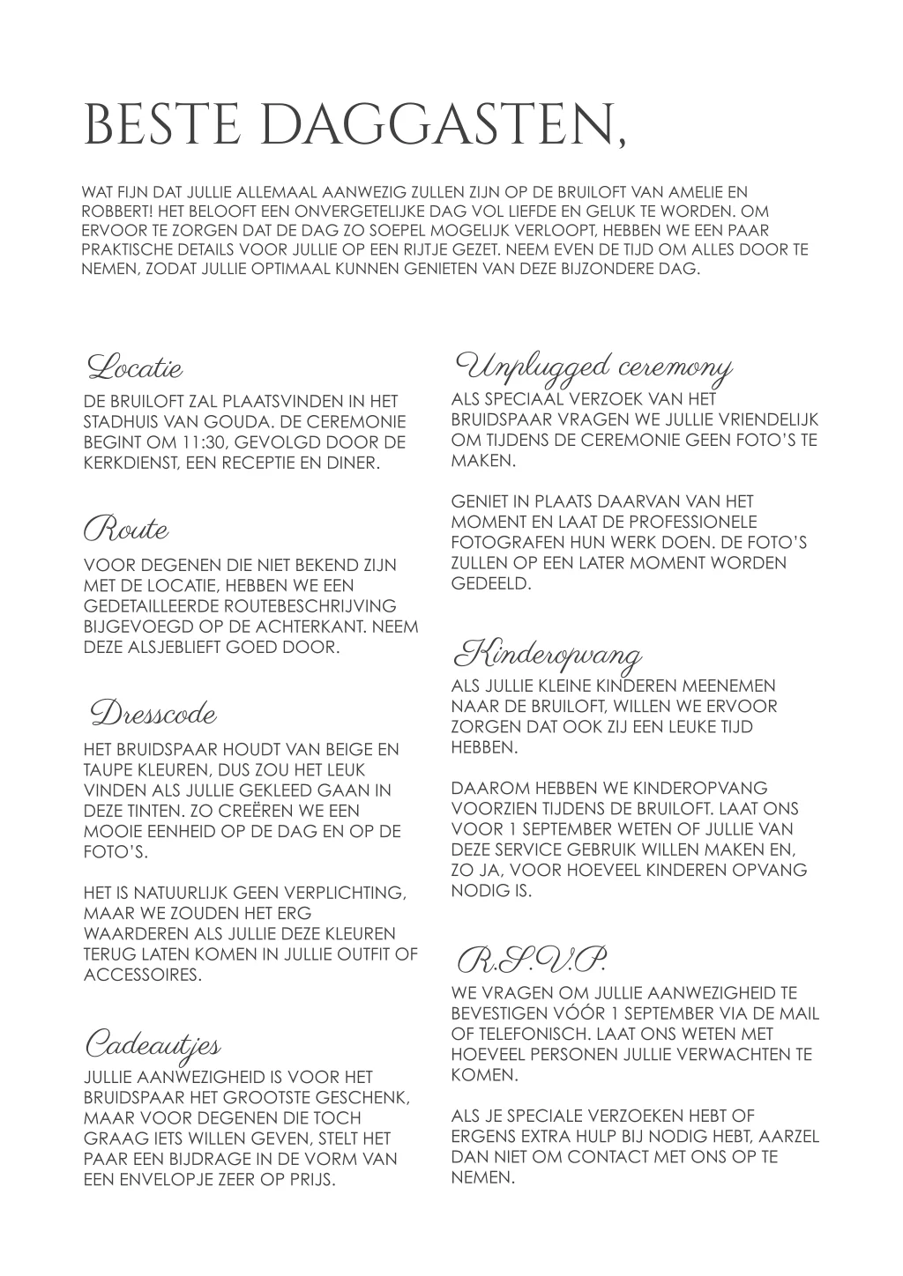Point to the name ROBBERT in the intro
pos(108,211)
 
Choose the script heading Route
pos(126,530)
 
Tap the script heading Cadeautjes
pos(152,1044)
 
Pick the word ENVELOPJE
pos(161,1179)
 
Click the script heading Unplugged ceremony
pos(593,365)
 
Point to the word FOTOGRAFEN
pos(504,542)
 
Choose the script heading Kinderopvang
pos(547,655)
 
